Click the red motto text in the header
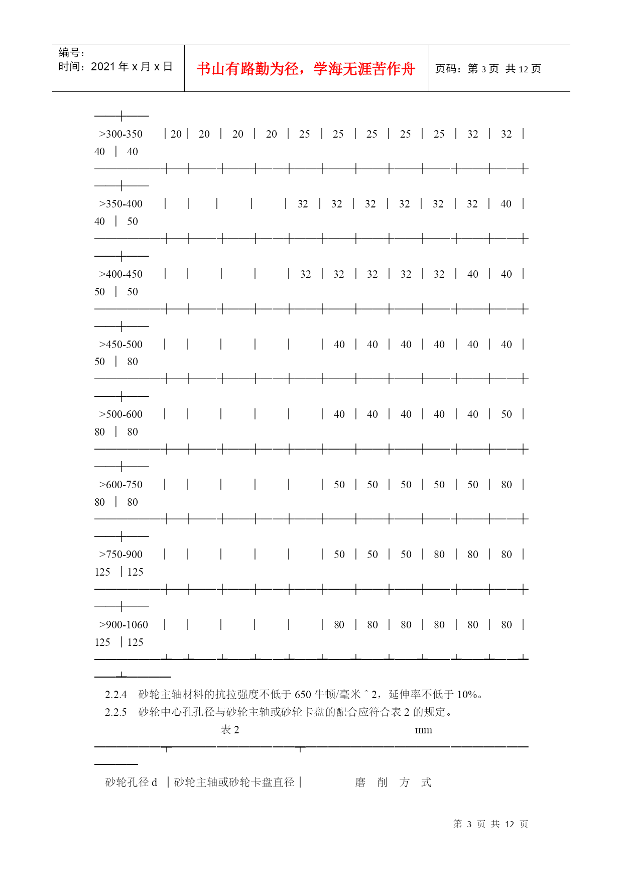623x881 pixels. pos(306,69)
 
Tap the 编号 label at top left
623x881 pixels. pos(71,53)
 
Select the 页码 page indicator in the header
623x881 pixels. pos(487,69)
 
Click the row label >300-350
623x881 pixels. pos(121,134)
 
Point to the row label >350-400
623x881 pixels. pos(121,204)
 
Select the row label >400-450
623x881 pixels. pos(121,274)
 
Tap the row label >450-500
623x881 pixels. pos(121,345)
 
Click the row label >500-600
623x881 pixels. pos(121,414)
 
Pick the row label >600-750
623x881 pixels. pos(121,485)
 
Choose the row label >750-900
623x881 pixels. pos(121,555)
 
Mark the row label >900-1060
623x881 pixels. pos(123,625)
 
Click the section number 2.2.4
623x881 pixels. pos(115,695)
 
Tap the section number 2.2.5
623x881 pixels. pos(115,712)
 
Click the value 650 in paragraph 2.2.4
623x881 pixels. pos(303,695)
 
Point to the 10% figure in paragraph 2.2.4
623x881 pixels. pos(467,695)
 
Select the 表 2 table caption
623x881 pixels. pos(230,730)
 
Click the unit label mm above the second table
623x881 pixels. pos(423,730)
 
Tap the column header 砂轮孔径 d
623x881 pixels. pos(131,782)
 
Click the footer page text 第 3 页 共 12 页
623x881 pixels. pos(490,824)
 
